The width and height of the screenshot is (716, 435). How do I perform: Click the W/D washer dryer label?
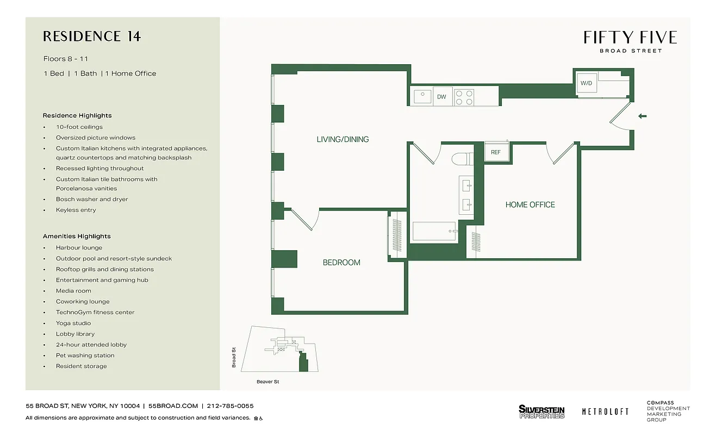[x=586, y=83]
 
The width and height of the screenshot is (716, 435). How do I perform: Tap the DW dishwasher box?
[x=441, y=97]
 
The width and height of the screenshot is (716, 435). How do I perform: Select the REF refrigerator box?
[x=496, y=152]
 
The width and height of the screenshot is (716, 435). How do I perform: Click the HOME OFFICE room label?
[x=530, y=204]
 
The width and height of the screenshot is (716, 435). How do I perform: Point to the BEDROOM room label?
[x=341, y=263]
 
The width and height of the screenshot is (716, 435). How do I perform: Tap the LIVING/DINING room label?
[x=343, y=139]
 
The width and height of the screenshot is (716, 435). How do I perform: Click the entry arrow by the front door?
[x=643, y=116]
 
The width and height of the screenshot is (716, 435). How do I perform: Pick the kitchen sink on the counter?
[x=422, y=97]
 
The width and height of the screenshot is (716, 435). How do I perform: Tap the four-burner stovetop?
[x=464, y=97]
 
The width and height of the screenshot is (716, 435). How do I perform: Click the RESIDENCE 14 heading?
[x=92, y=36]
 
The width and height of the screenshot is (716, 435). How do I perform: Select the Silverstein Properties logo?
[x=541, y=412]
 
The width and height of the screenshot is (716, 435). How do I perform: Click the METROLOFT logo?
[x=605, y=412]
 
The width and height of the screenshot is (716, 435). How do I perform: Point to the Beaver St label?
[x=267, y=382]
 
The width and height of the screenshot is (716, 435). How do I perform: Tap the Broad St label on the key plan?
[x=234, y=358]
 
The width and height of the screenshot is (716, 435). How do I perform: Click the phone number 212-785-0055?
[x=231, y=406]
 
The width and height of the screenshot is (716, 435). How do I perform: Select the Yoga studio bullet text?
[x=73, y=323]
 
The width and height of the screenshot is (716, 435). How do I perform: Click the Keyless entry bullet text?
[x=76, y=210]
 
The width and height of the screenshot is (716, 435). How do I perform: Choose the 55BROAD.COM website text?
[x=173, y=406]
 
